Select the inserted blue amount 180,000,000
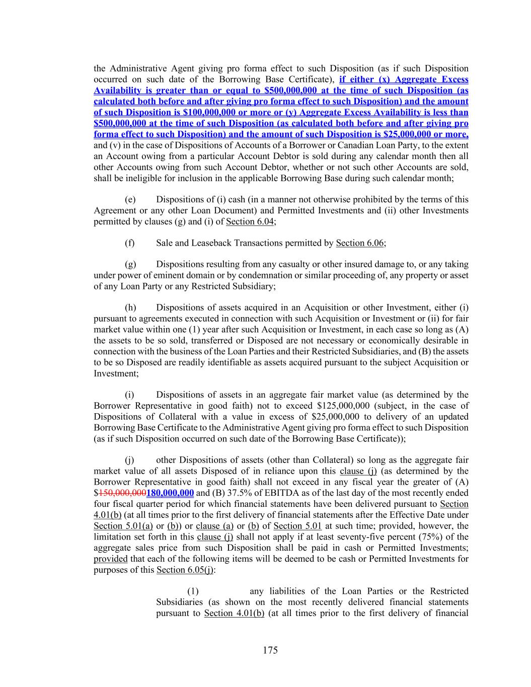click(x=170, y=493)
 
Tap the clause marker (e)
click(x=130, y=200)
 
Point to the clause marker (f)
click(x=130, y=243)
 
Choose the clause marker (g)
click(x=130, y=265)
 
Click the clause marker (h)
click(x=130, y=308)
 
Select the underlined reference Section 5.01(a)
click(x=123, y=526)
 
